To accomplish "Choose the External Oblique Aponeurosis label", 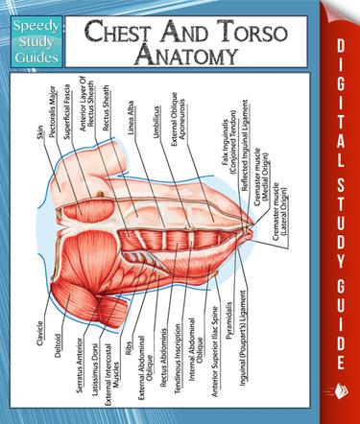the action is point(180,122).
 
